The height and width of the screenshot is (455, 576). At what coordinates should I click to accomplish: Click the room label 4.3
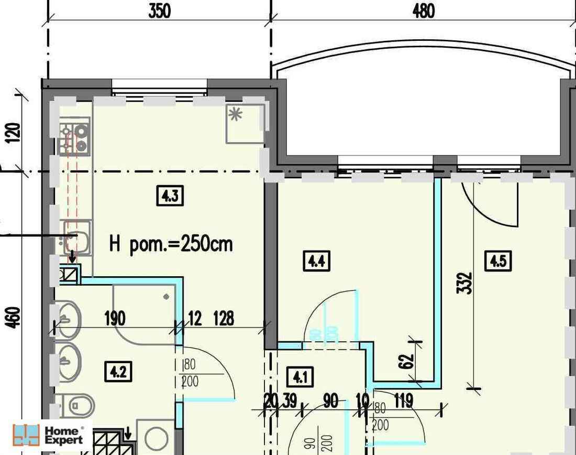(170, 196)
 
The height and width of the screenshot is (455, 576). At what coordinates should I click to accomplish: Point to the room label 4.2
(118, 372)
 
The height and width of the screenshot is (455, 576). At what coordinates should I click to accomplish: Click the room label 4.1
(301, 377)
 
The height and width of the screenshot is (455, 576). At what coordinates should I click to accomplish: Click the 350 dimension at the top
(159, 11)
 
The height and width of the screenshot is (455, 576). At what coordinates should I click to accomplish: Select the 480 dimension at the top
(424, 11)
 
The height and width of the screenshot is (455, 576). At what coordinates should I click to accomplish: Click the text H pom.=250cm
(171, 244)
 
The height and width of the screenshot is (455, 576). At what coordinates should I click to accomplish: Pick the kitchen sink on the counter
(76, 239)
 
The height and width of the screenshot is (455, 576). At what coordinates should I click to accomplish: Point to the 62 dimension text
(409, 361)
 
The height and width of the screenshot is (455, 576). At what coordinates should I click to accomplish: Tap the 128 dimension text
(224, 318)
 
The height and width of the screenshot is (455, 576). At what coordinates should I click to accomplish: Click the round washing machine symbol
(156, 437)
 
